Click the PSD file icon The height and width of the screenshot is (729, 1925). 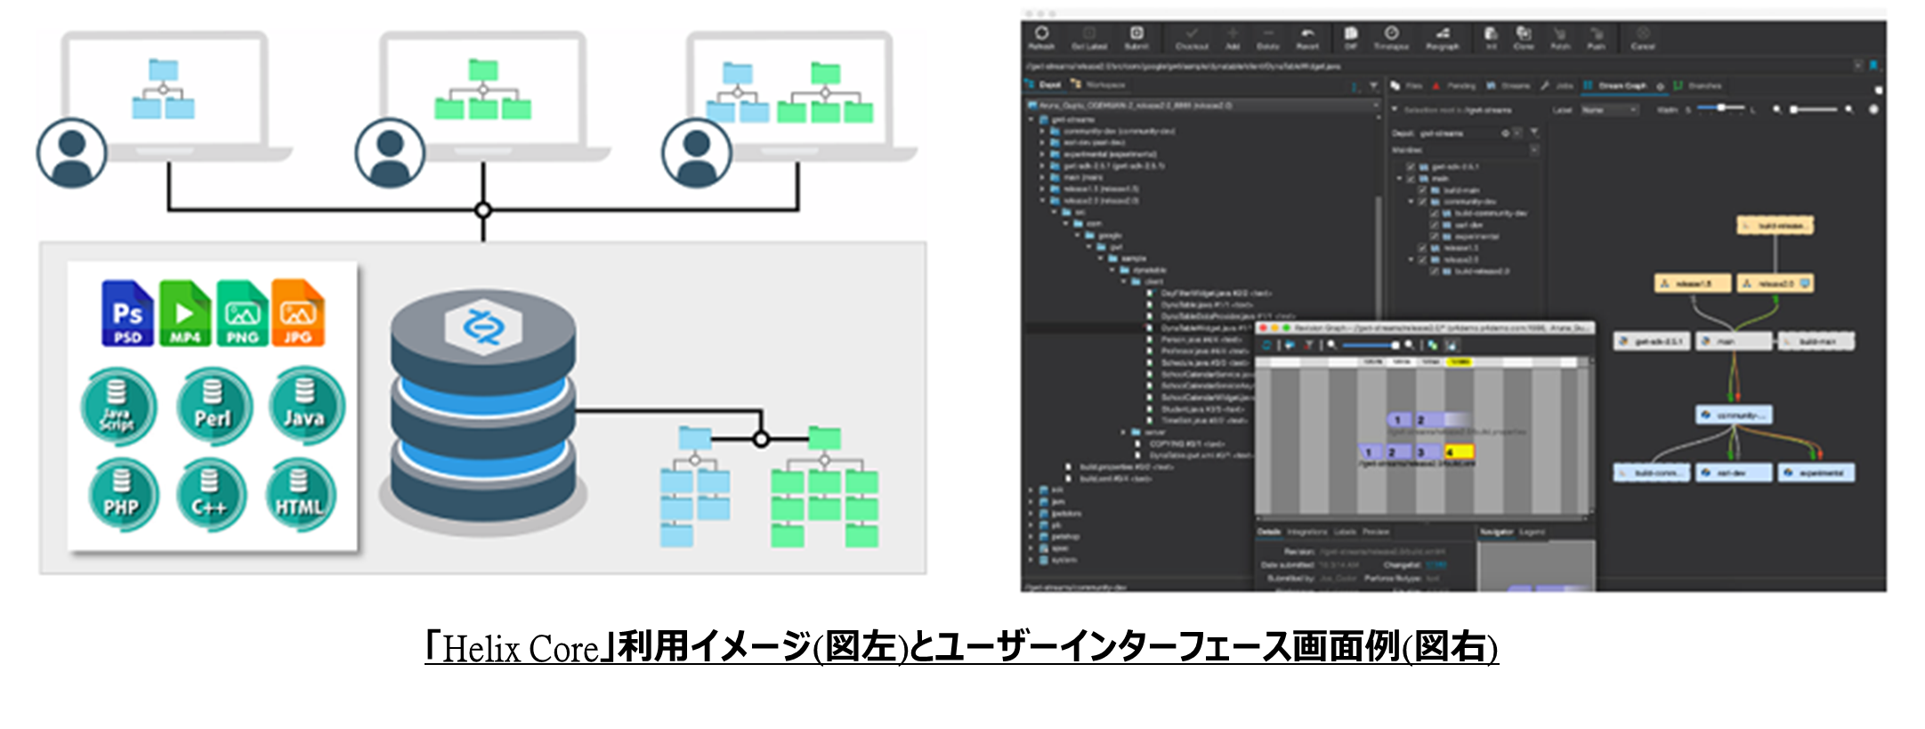coord(127,313)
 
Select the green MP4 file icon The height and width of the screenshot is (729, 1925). coord(184,313)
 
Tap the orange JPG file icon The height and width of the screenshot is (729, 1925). coord(297,313)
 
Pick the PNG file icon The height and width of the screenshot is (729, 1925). coord(242,313)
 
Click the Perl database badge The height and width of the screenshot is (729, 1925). coord(213,407)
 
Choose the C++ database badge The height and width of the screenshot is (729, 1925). coord(209,495)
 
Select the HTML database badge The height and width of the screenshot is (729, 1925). coord(300,495)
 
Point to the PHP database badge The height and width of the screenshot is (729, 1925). coord(122,495)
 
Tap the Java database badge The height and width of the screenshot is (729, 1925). coord(304,406)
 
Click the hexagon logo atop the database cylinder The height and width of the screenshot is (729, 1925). coord(483,327)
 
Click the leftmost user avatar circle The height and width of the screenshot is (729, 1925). coord(72,153)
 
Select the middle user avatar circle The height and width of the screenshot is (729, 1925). coord(390,153)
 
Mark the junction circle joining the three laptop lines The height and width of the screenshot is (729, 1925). coord(483,210)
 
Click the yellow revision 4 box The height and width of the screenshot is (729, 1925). coord(1459,452)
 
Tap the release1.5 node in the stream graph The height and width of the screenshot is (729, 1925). coord(1692,284)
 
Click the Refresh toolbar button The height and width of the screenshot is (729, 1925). coord(1041,37)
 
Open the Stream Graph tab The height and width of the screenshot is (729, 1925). coord(1621,85)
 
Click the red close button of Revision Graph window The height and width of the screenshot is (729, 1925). coord(1263,328)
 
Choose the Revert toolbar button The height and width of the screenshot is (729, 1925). coord(1307,37)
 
